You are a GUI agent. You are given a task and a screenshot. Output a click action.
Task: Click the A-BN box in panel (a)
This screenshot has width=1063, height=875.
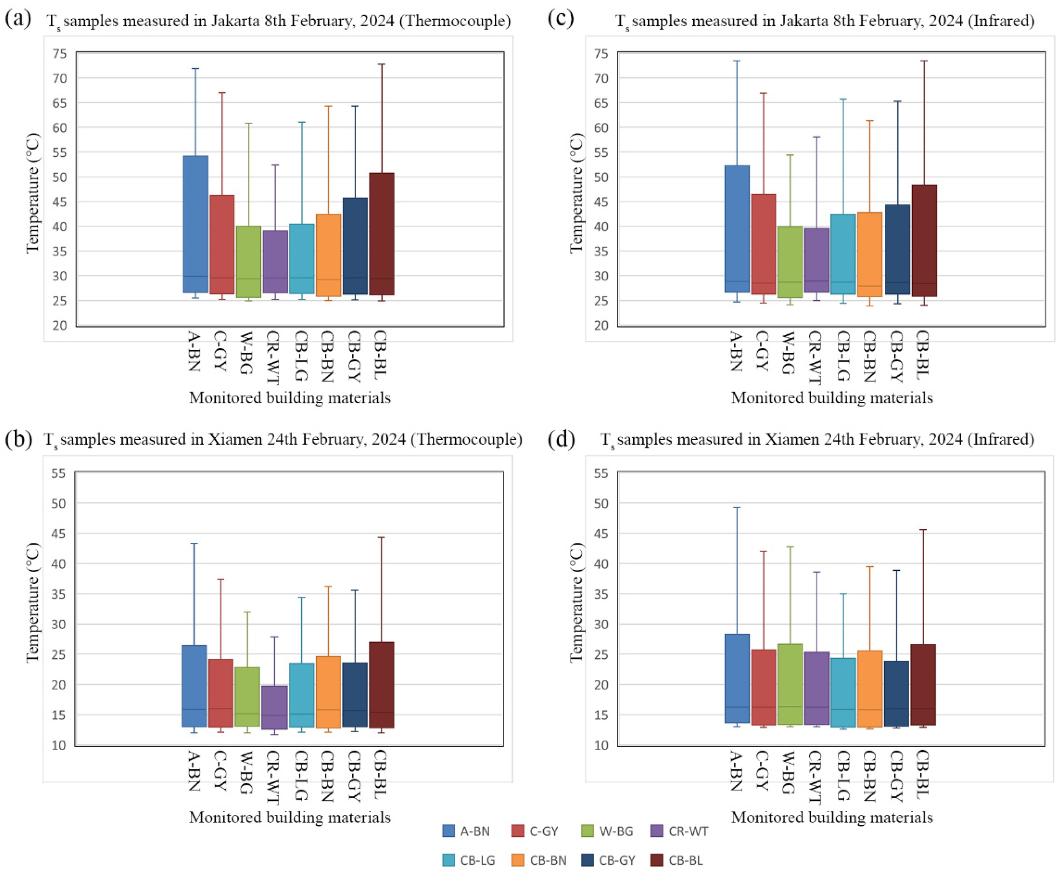pyautogui.click(x=196, y=224)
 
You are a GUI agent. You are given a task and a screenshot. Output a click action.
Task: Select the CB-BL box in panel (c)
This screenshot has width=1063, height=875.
pyautogui.click(x=924, y=241)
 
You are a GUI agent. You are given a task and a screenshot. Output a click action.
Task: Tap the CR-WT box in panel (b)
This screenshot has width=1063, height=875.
pyautogui.click(x=275, y=707)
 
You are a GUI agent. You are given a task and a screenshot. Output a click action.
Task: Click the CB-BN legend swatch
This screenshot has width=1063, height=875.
pyautogui.click(x=519, y=860)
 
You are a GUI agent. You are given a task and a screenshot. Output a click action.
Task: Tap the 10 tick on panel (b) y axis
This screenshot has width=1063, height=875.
pyautogui.click(x=59, y=745)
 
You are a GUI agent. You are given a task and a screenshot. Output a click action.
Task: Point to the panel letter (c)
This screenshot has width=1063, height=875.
pyautogui.click(x=560, y=19)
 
